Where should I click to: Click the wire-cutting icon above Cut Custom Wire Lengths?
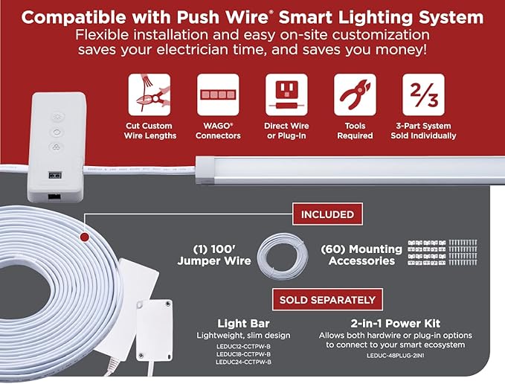click(149, 95)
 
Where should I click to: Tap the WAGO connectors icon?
click(218, 95)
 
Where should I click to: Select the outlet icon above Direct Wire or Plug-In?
click(286, 95)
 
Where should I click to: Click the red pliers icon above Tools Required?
click(355, 95)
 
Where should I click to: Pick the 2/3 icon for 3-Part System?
click(423, 95)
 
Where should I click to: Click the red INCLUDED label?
click(327, 214)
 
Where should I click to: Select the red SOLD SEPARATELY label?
click(327, 300)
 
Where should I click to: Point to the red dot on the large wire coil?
click(84, 237)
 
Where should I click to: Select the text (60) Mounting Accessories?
click(361, 255)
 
